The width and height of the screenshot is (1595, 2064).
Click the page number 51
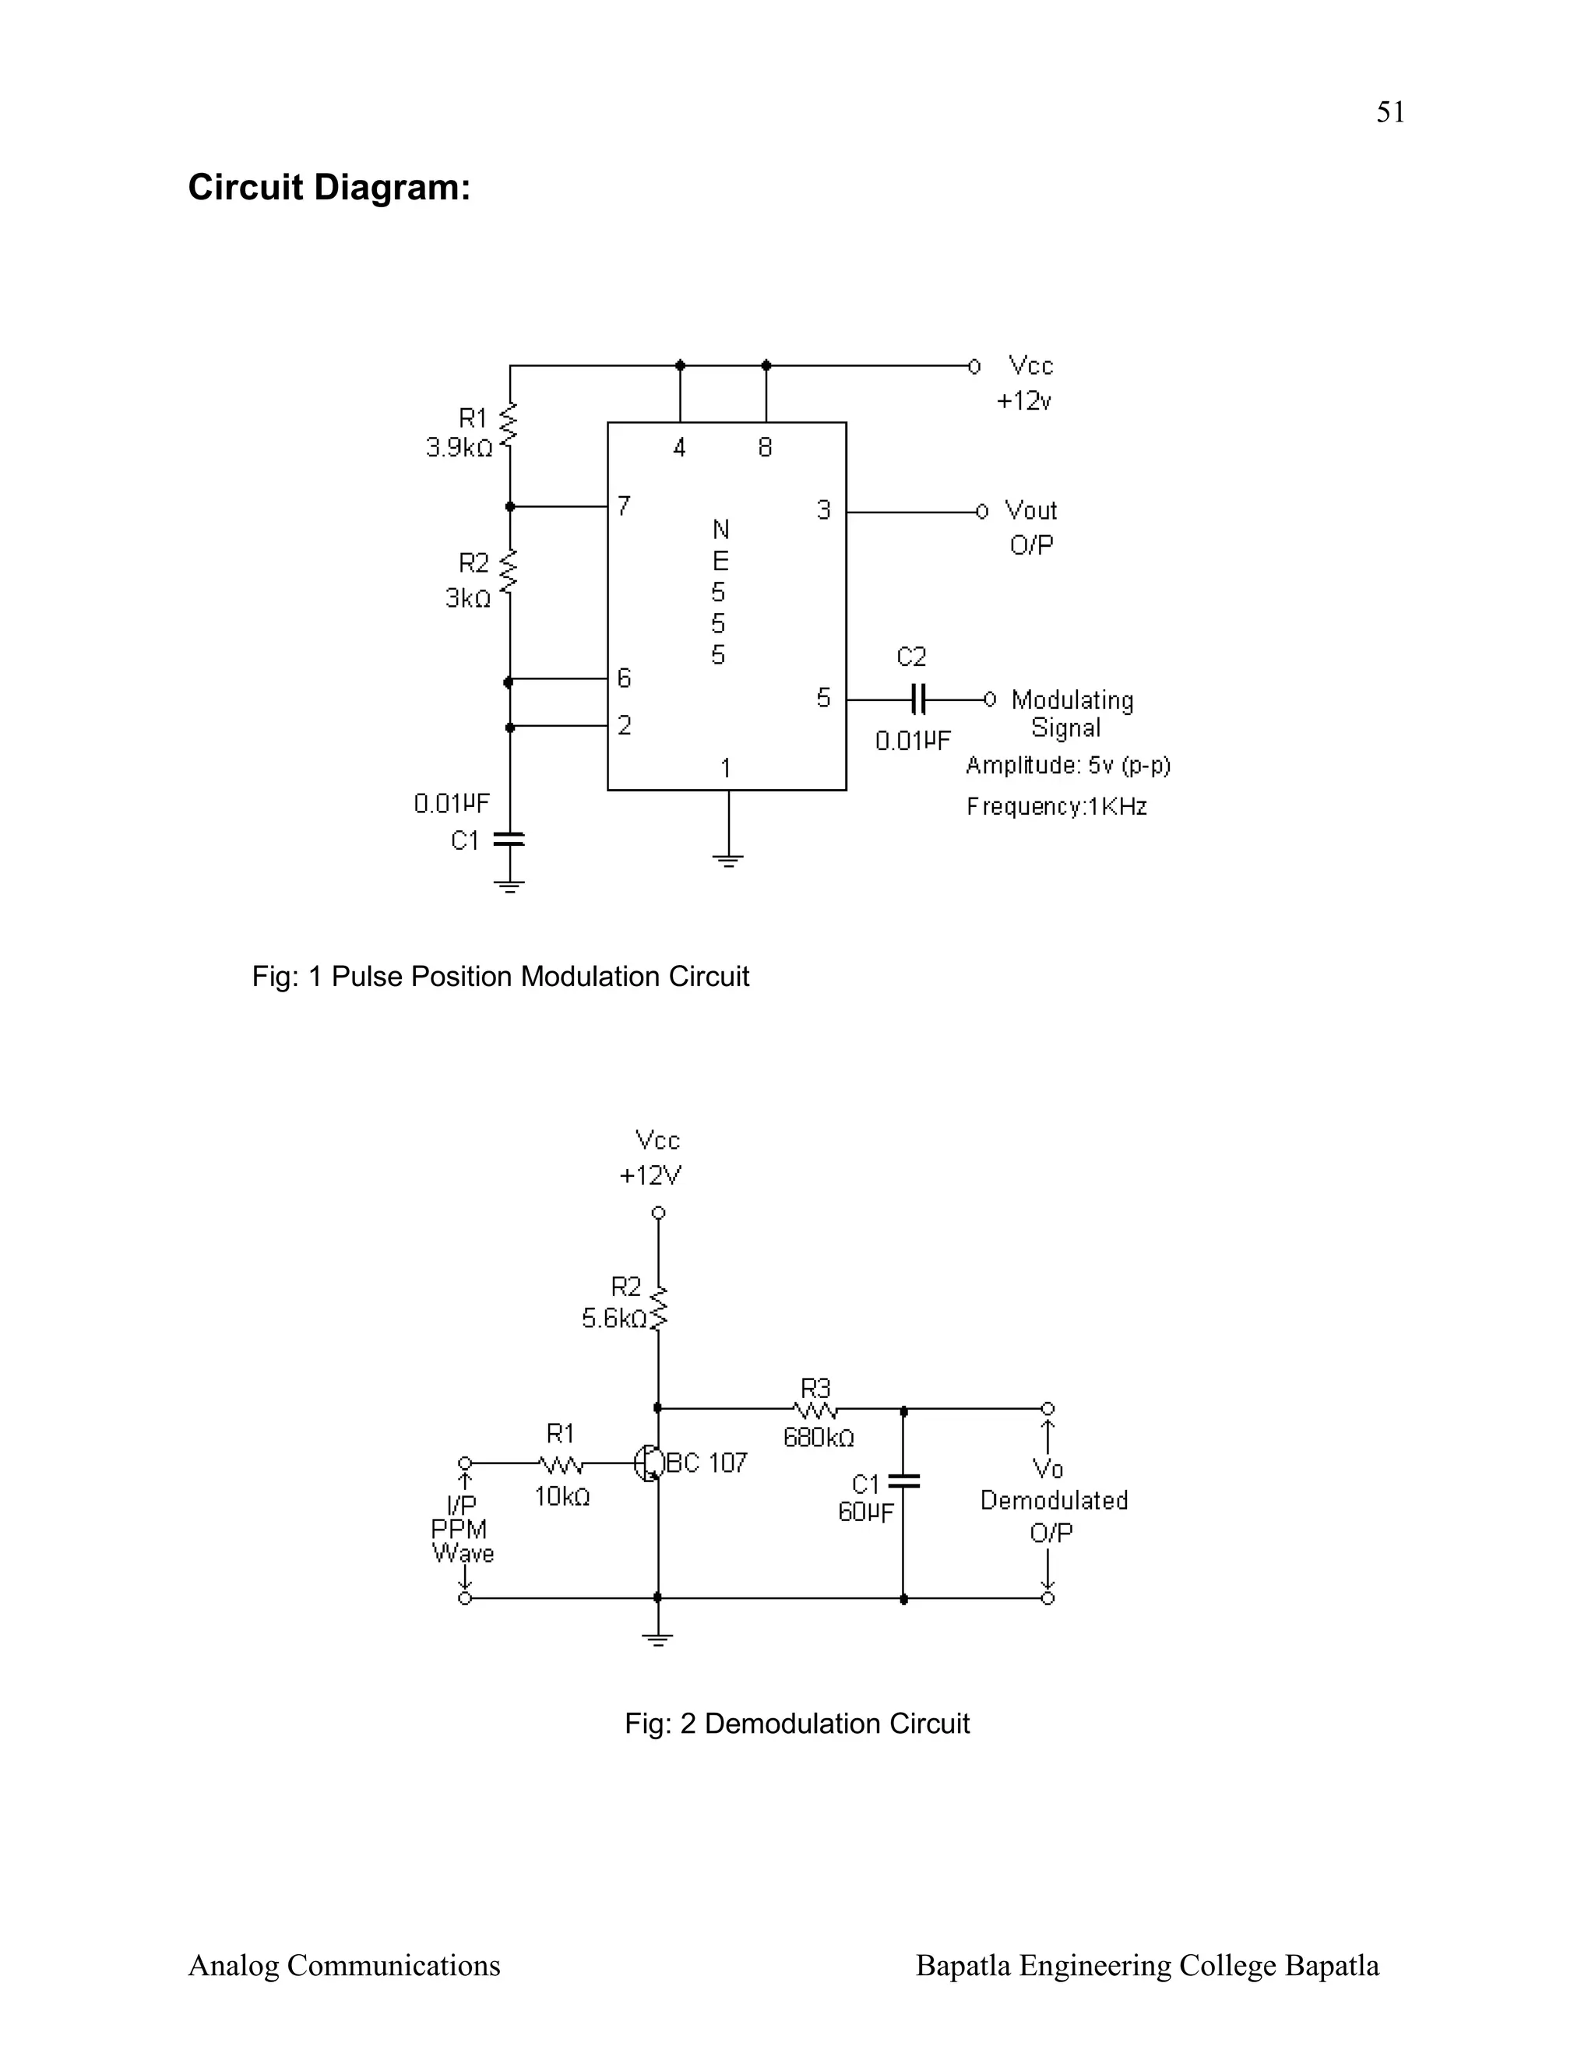point(1390,112)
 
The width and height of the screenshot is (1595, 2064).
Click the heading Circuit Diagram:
point(329,187)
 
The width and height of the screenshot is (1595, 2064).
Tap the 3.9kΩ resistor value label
point(459,448)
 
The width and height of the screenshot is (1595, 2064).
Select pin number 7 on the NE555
point(624,506)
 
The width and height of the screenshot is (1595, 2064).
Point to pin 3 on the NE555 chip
point(824,510)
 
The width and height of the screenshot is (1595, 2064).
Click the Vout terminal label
point(1030,510)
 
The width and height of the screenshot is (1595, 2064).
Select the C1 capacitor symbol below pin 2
point(509,838)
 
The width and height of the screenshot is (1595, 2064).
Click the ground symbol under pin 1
point(728,860)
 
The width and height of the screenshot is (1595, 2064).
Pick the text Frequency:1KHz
point(1056,806)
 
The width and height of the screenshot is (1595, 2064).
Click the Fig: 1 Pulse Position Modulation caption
point(500,976)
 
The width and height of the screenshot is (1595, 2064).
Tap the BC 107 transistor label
point(707,1463)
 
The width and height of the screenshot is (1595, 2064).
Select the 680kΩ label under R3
point(819,1438)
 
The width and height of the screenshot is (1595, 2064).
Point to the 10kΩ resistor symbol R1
point(562,1464)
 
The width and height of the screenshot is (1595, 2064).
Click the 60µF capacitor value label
point(865,1512)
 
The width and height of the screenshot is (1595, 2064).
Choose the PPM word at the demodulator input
point(459,1529)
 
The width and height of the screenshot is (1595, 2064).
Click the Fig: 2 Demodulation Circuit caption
point(797,1723)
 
